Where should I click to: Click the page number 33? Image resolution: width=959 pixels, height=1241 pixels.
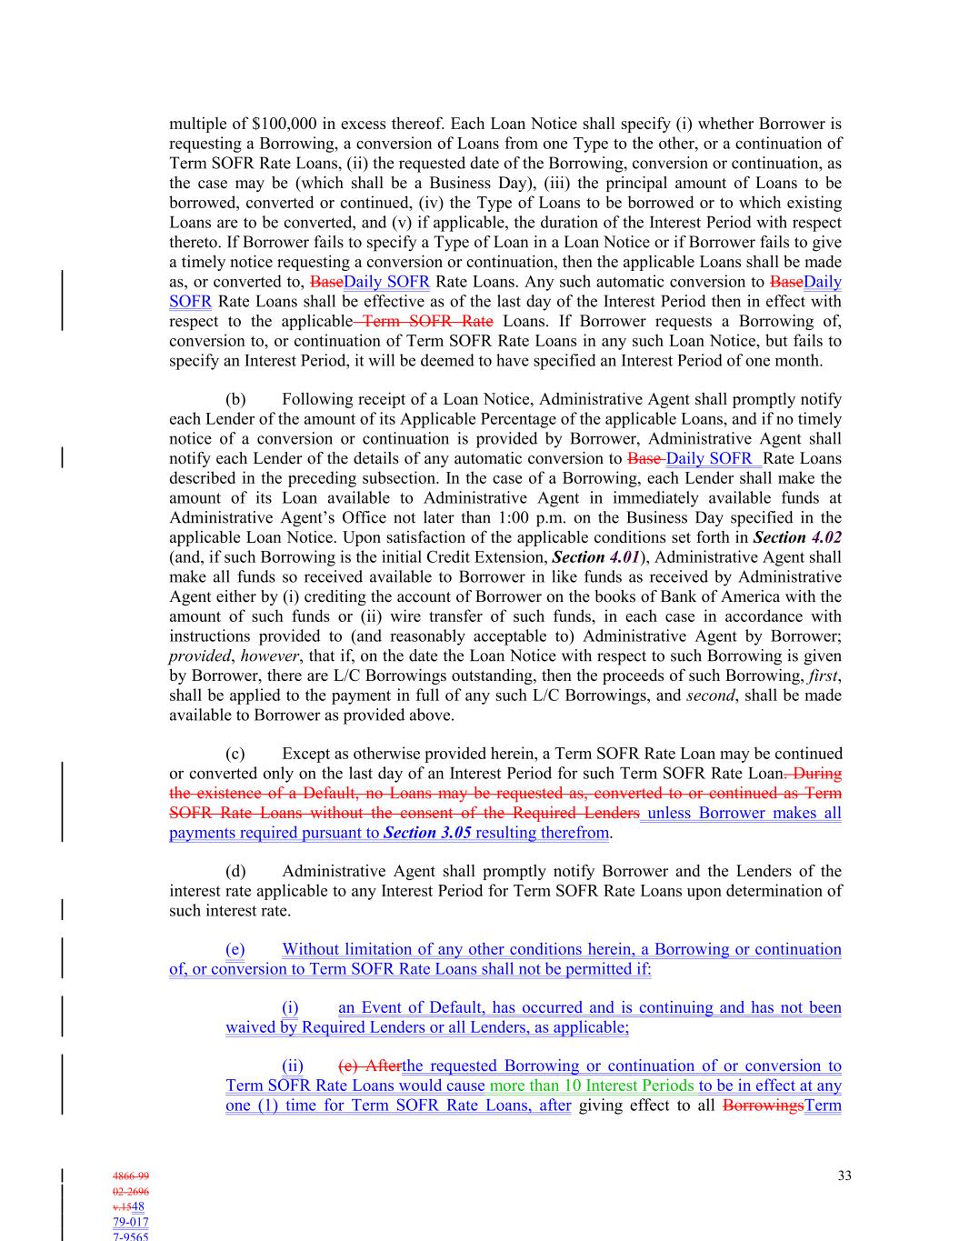(844, 1176)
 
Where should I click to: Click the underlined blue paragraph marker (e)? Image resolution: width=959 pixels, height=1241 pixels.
(235, 949)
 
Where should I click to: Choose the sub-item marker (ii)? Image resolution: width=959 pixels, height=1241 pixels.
(293, 1066)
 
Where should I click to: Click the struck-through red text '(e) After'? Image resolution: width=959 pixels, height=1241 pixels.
(370, 1066)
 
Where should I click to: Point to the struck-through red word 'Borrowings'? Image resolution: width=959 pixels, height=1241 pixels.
(764, 1106)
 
